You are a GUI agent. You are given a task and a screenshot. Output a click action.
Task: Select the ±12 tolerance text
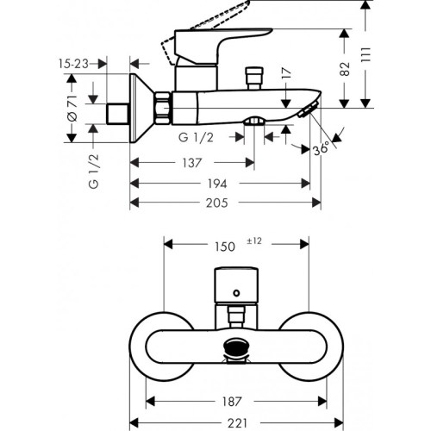point(255,241)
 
